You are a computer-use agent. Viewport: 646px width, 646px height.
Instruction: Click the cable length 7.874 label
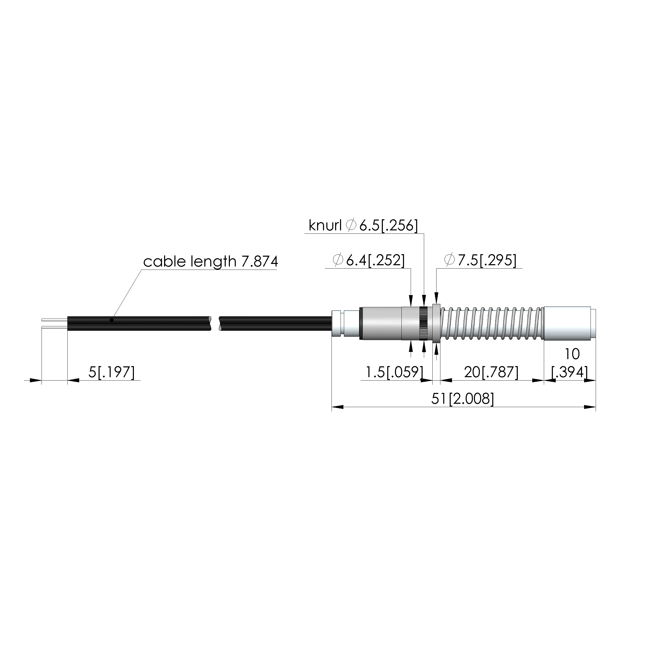click(210, 262)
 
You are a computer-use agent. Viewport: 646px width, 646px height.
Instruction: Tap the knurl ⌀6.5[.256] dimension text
click(363, 226)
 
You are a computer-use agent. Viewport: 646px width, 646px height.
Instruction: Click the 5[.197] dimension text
click(111, 372)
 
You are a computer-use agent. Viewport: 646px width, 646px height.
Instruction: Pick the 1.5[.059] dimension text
click(394, 372)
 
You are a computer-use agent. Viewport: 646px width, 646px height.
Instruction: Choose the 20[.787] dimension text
click(491, 372)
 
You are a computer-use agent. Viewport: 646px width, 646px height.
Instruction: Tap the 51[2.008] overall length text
click(462, 399)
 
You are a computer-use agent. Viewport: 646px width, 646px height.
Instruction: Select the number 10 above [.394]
click(572, 354)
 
